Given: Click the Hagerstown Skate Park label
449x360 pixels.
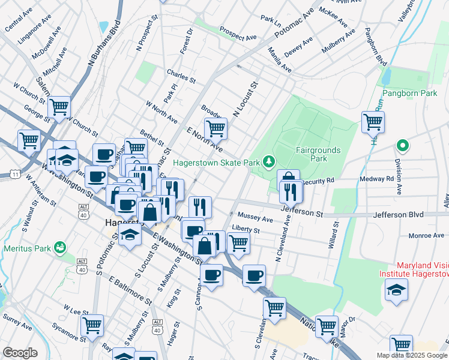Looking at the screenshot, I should tap(217, 163).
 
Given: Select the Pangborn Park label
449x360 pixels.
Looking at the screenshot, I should tap(409, 94).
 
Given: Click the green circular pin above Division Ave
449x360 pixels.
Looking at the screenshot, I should tap(402, 145).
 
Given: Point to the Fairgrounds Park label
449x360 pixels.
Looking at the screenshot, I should tap(318, 154).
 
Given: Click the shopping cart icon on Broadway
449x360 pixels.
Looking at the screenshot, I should tap(215, 128).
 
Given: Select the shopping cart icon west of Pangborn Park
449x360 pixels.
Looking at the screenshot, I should tap(373, 121).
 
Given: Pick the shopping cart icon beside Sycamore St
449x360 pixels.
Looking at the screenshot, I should tap(92, 325).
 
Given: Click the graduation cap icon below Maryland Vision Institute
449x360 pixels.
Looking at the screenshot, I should tap(395, 290).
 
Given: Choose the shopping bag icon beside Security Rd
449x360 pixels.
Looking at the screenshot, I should tap(289, 178).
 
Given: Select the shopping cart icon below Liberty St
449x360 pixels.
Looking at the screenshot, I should tap(238, 243).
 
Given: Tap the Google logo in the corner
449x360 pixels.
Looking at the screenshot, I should tap(20, 353).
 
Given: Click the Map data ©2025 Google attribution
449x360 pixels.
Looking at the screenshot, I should tap(411, 355).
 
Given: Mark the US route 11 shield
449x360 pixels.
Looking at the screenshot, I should tap(13, 175).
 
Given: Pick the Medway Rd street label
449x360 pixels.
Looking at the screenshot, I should tap(376, 179).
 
